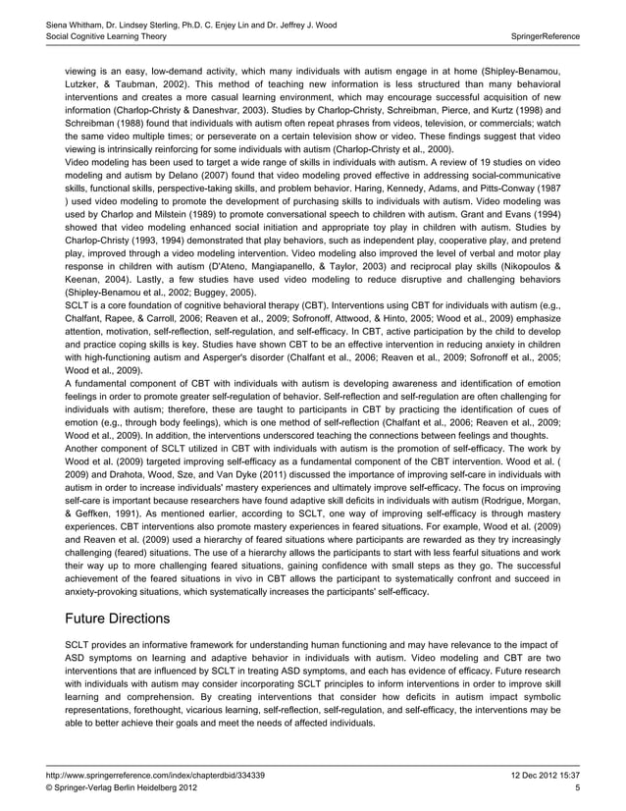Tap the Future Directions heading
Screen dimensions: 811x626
pyautogui.click(x=119, y=619)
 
